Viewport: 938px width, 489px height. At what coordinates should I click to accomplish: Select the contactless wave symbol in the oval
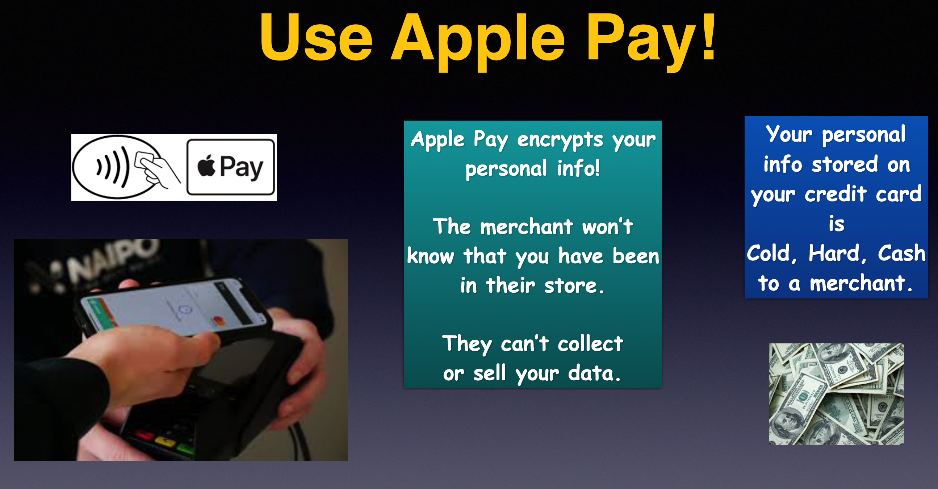[x=113, y=167]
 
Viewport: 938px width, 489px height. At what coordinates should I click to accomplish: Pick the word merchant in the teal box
[x=527, y=227]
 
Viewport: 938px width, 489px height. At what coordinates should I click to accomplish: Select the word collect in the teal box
[x=590, y=343]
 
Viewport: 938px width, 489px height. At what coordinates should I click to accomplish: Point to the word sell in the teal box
[x=490, y=373]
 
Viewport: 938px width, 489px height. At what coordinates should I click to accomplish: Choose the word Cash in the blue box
[x=901, y=253]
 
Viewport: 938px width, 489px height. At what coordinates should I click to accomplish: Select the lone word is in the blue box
[x=836, y=223]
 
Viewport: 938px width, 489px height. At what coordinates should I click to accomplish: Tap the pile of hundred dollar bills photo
[x=836, y=394]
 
